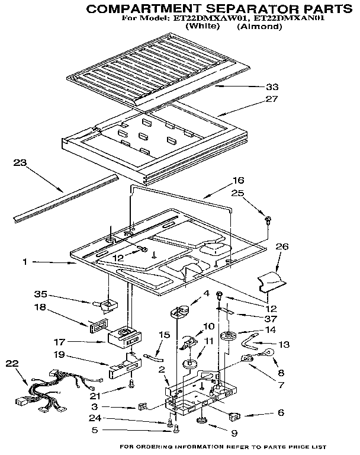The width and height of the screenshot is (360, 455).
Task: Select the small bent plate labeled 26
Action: click(x=274, y=281)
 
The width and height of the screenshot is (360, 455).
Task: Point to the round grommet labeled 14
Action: click(x=227, y=338)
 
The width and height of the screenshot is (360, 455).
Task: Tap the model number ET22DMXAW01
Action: click(x=204, y=18)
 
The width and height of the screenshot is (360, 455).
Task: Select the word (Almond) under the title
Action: click(x=261, y=27)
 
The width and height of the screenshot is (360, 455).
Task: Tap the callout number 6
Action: click(x=263, y=412)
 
